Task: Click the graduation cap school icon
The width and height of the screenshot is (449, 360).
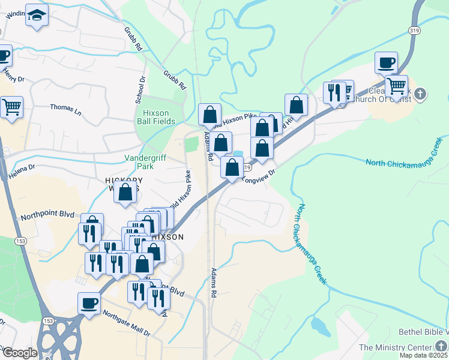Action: (37, 16)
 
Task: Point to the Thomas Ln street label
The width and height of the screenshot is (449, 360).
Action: (65, 109)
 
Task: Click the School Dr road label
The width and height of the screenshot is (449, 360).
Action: (141, 89)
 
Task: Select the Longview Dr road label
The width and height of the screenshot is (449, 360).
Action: (259, 176)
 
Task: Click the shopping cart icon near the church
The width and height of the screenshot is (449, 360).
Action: (396, 86)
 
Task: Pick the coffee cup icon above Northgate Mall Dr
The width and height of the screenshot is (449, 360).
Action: (89, 303)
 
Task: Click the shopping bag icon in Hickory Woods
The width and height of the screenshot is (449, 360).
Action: (125, 193)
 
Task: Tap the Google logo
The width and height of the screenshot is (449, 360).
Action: (19, 353)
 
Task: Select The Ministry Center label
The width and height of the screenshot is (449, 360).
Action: (395, 347)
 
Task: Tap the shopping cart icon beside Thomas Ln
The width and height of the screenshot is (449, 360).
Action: (11, 107)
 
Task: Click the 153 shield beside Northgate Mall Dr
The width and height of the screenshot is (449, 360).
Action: (48, 321)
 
